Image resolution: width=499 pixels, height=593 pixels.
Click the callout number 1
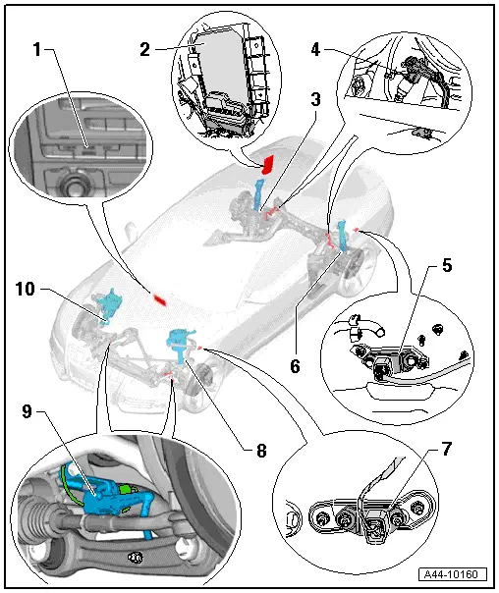tap(37, 49)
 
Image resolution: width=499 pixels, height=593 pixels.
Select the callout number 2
tap(144, 49)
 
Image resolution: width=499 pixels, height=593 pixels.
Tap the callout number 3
tap(315, 99)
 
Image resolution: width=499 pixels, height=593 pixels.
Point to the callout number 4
tap(315, 49)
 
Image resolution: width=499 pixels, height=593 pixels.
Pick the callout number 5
tap(447, 265)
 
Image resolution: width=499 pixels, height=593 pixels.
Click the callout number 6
tap(295, 365)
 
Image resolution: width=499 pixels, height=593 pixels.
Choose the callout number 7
tap(447, 449)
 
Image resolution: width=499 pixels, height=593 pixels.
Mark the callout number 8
tap(261, 450)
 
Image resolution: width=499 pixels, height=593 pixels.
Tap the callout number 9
tap(27, 411)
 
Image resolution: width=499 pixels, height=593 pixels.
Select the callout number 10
tap(26, 289)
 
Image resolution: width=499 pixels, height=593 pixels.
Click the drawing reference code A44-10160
tap(453, 574)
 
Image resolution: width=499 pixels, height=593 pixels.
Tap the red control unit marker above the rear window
tap(268, 164)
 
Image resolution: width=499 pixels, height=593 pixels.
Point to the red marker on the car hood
tap(160, 299)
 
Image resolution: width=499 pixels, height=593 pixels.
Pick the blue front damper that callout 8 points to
tap(181, 345)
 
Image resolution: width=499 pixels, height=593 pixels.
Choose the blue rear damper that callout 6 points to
tap(343, 236)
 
